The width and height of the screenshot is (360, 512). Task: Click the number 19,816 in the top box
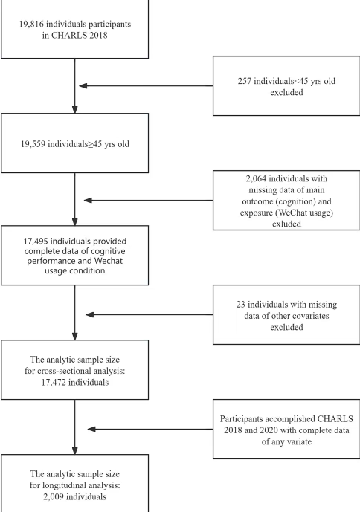(31, 25)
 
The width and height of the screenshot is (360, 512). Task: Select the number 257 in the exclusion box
(244, 81)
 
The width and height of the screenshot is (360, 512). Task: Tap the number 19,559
(33, 144)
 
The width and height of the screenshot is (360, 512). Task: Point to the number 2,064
(256, 178)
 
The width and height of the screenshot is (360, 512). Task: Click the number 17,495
(36, 242)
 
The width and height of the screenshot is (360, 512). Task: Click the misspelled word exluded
(286, 224)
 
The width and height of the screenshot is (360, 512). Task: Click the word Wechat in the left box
(109, 261)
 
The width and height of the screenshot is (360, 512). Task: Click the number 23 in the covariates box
(241, 305)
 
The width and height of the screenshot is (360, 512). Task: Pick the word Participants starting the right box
(241, 418)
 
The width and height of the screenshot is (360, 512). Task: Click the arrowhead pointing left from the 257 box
(83, 86)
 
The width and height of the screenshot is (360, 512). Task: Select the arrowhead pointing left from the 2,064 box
(88, 200)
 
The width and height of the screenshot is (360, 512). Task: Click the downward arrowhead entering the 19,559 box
(75, 109)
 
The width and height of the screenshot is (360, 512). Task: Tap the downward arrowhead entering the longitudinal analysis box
(75, 450)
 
